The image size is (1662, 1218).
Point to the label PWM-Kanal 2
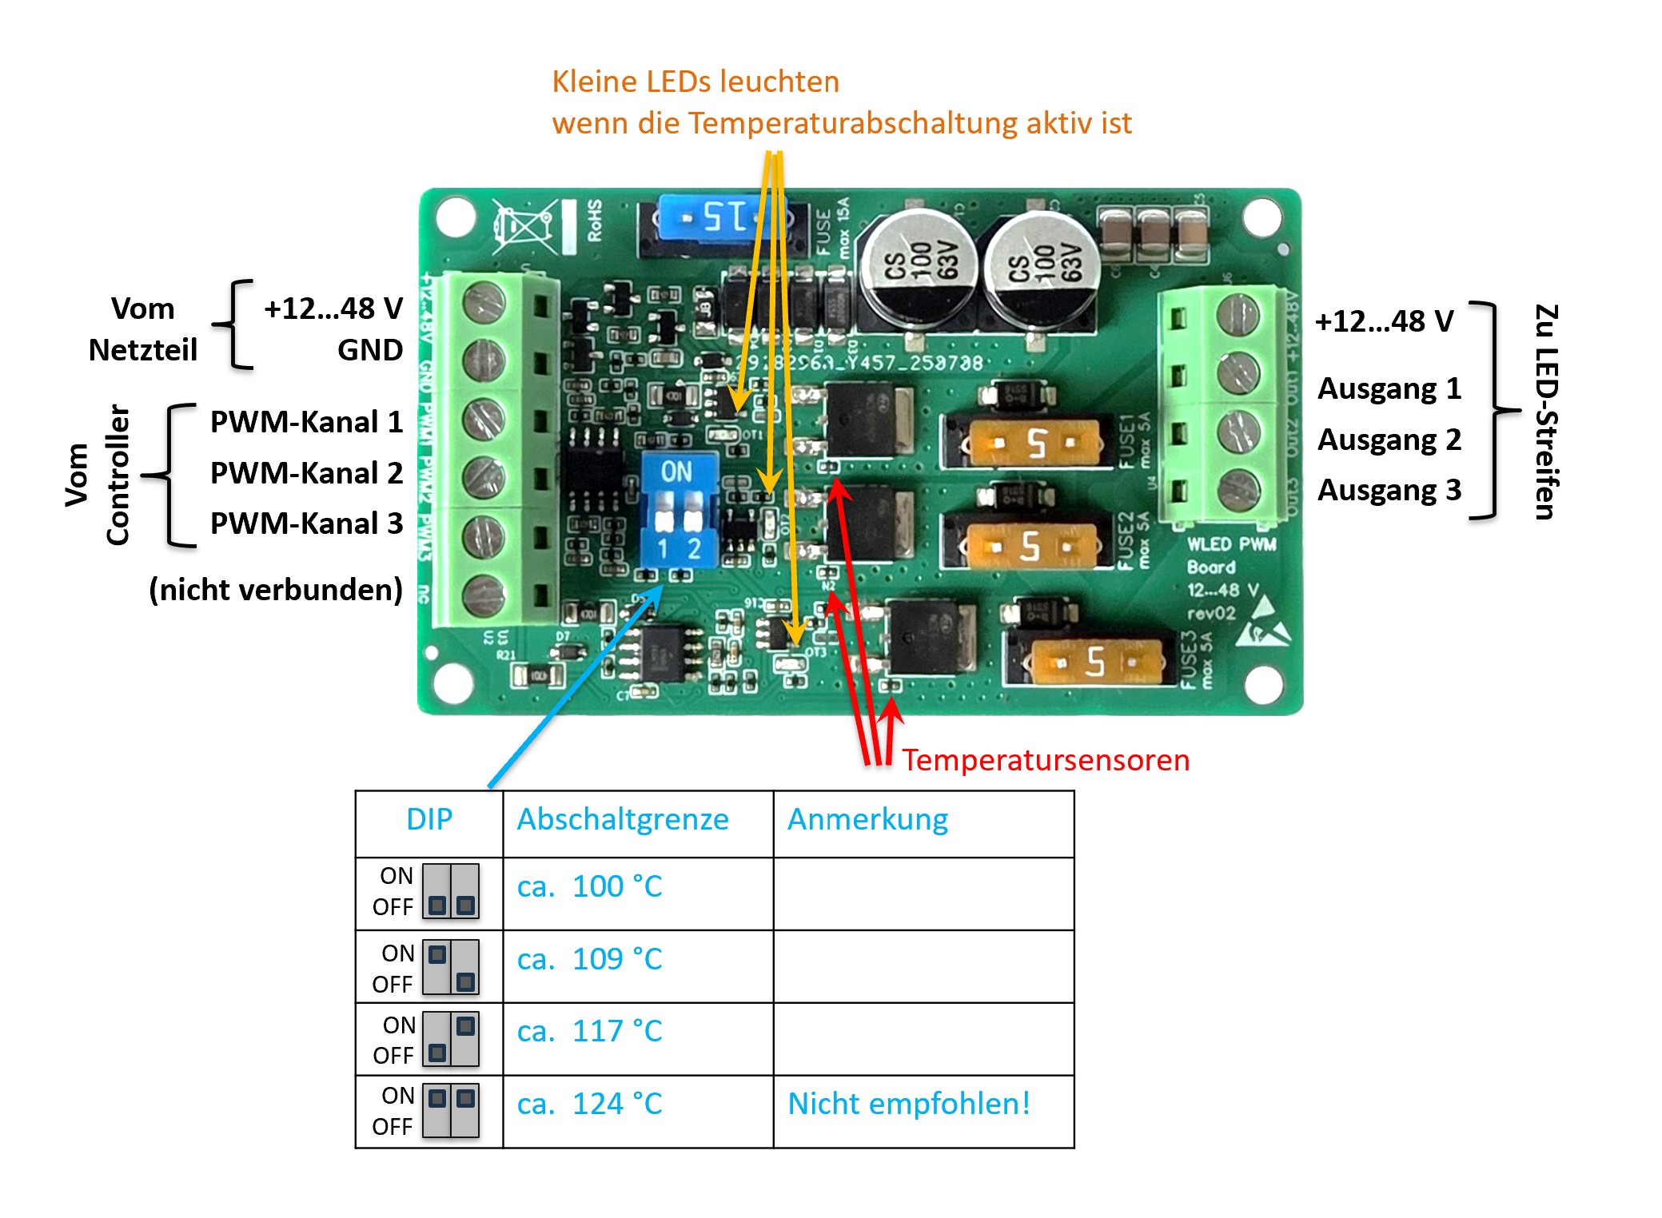pyautogui.click(x=306, y=473)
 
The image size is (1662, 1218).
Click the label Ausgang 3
pyautogui.click(x=1389, y=490)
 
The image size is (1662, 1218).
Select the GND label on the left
pyautogui.click(x=369, y=350)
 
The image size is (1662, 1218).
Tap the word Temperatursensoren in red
pyautogui.click(x=1046, y=760)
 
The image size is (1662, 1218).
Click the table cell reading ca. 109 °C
pyautogui.click(x=590, y=959)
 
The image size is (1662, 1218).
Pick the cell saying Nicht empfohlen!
pyautogui.click(x=909, y=1104)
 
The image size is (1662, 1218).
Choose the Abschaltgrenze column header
pyautogui.click(x=623, y=820)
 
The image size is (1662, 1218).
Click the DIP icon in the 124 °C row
pyautogui.click(x=451, y=1110)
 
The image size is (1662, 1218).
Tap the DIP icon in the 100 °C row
pyautogui.click(x=451, y=891)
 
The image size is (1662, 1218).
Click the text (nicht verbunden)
pyautogui.click(x=276, y=590)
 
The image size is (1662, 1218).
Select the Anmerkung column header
pyautogui.click(x=868, y=820)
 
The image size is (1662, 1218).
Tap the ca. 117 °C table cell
pyautogui.click(x=590, y=1032)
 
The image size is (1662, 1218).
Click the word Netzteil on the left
pyautogui.click(x=143, y=350)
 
